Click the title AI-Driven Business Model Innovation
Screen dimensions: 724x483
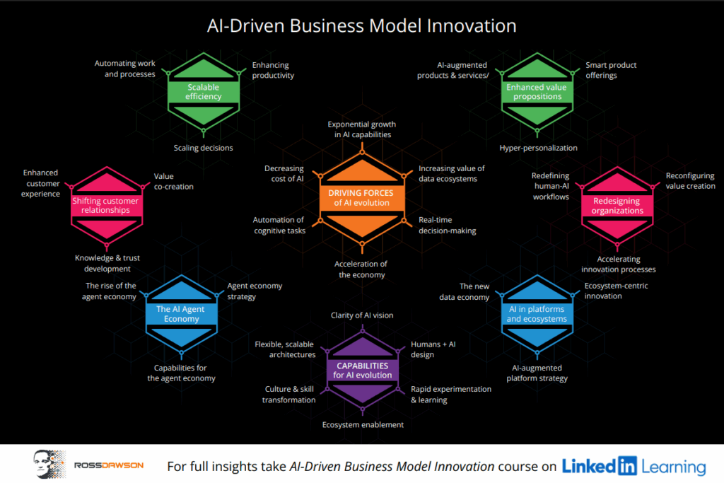pos(361,26)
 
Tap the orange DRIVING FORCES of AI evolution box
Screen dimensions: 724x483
pos(361,197)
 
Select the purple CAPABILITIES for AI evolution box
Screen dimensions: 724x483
pos(363,371)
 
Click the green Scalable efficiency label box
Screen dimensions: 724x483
pos(204,92)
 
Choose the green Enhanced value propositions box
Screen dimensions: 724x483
pos(537,92)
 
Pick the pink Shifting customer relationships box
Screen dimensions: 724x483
pos(106,206)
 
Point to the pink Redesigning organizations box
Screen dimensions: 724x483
pos(617,206)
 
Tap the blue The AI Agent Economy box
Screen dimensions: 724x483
pos(181,314)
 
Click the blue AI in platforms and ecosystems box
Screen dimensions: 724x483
pos(537,314)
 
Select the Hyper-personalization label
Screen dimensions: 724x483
pos(538,148)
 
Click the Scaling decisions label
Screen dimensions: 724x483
pos(203,148)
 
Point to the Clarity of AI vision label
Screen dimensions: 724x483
pos(362,315)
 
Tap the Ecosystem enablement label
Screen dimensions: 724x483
pos(363,425)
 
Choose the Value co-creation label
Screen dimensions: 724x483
pos(174,182)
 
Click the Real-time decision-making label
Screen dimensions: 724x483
pos(447,226)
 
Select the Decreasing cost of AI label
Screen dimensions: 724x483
pos(284,174)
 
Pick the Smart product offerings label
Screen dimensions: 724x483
pos(611,70)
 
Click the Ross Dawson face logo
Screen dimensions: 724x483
pos(49,464)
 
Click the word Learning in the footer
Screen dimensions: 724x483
pos(674,467)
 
